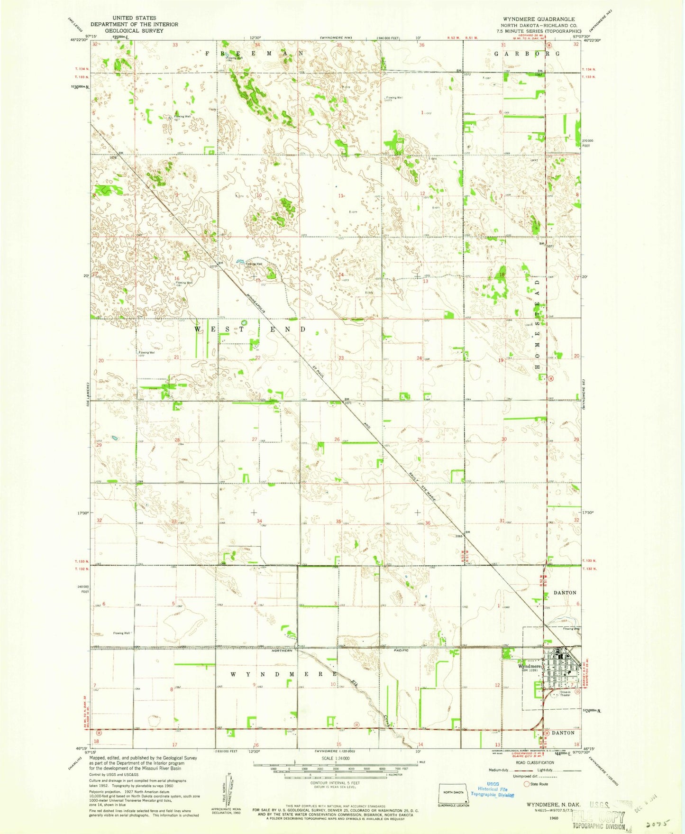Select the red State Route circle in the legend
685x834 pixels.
526,784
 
